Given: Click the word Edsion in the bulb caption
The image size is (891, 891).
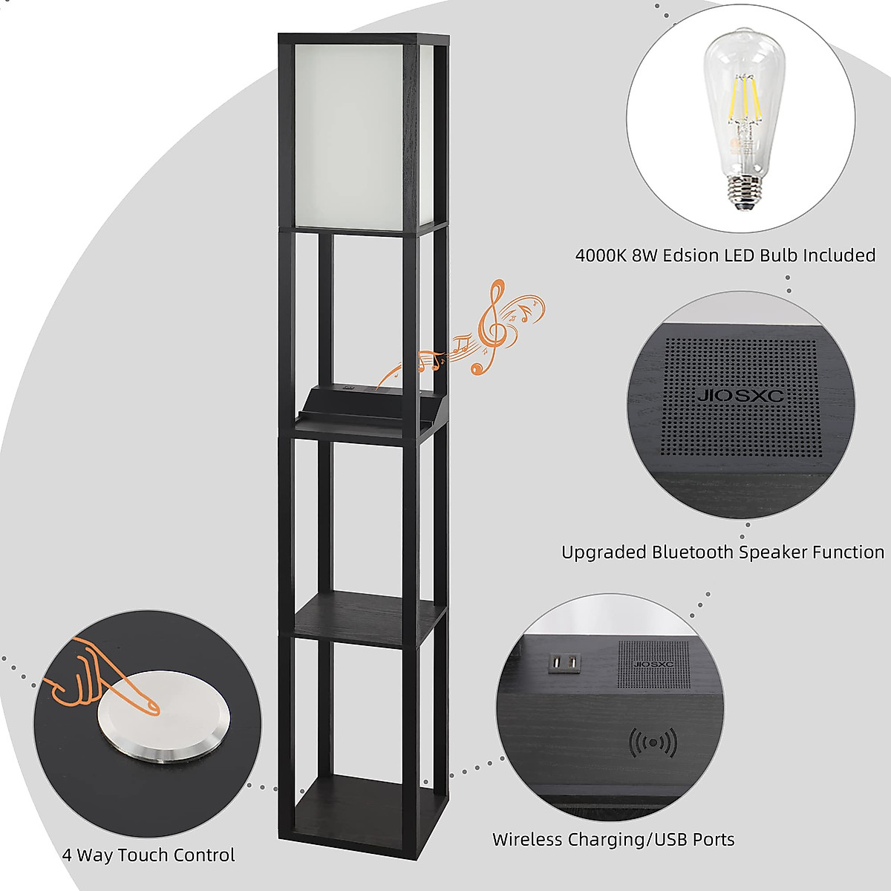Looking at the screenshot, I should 691,255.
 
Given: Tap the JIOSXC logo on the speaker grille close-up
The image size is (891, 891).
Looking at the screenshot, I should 740,396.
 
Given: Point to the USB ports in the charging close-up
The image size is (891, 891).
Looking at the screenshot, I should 564,662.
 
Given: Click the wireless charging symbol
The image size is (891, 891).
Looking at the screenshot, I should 653,742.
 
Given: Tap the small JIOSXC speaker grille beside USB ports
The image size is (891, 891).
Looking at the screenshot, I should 653,664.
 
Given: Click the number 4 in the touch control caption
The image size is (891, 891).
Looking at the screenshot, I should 67,855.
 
